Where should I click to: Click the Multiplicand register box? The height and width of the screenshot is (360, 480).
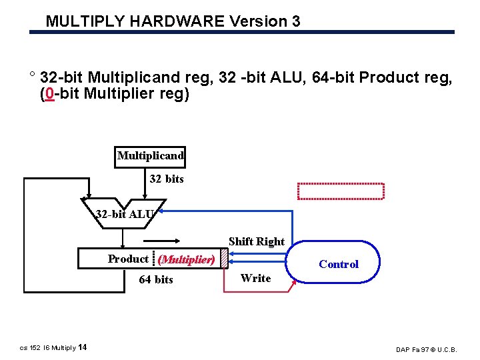150,156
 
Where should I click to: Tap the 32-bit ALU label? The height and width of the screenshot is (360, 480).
125,215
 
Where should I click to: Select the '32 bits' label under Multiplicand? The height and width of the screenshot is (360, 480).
166,179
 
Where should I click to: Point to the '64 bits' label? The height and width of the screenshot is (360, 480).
155,279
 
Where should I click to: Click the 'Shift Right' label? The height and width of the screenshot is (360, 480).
256,241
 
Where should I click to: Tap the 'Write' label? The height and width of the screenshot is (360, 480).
255,278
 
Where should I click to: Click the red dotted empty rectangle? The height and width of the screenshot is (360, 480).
341,191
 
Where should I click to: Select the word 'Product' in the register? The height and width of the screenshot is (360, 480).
128,259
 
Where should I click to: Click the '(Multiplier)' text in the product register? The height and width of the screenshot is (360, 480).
186,259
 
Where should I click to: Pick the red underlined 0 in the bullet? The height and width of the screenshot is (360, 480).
49,94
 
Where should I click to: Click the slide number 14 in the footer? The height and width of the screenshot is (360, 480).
82,347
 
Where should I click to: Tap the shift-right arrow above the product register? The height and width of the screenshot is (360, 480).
167,244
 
